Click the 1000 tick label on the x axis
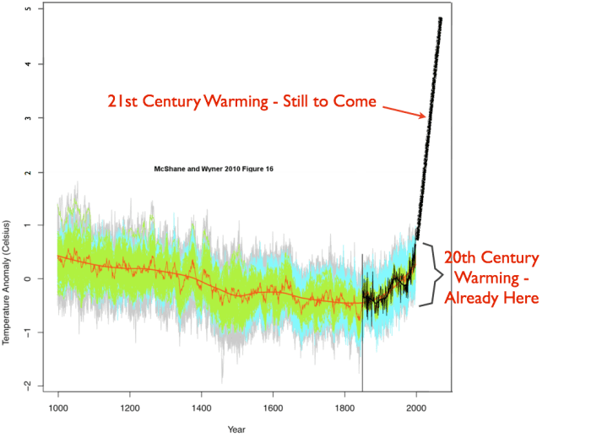point(58,408)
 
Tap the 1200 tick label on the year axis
point(129,408)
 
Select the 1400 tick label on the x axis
point(201,408)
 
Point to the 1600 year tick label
point(273,408)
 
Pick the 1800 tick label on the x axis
point(344,408)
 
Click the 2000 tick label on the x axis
point(415,408)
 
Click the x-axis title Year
point(237,429)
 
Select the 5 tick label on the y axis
point(29,10)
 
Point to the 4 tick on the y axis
point(29,64)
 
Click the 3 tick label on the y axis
point(29,118)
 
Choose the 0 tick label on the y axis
point(29,278)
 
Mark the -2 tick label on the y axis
point(27,386)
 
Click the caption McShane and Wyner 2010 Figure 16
point(214,169)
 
